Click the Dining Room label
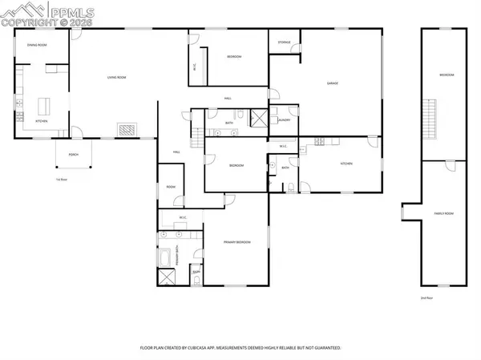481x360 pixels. tap(37, 45)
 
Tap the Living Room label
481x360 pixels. tap(119, 78)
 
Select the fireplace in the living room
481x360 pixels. tap(127, 128)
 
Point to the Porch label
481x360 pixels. tap(73, 154)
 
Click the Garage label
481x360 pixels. tap(331, 83)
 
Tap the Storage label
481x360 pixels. tap(284, 42)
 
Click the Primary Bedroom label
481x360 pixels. tap(237, 241)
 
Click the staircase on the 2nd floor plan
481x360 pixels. tap(431, 115)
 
